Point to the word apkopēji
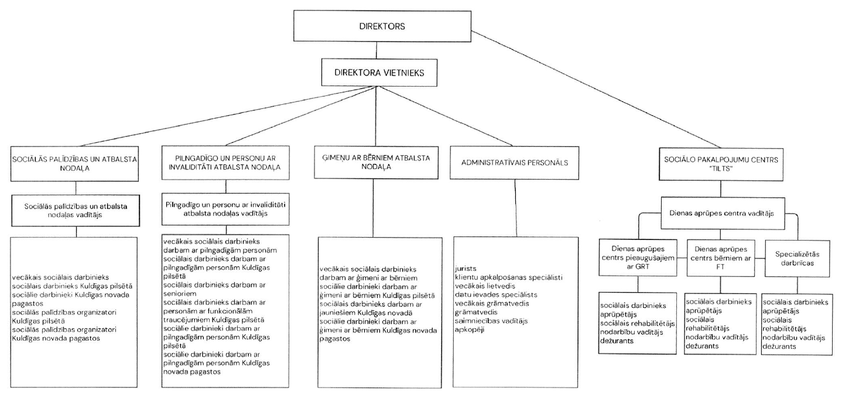(x=469, y=330)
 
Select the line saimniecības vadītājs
(x=492, y=321)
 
